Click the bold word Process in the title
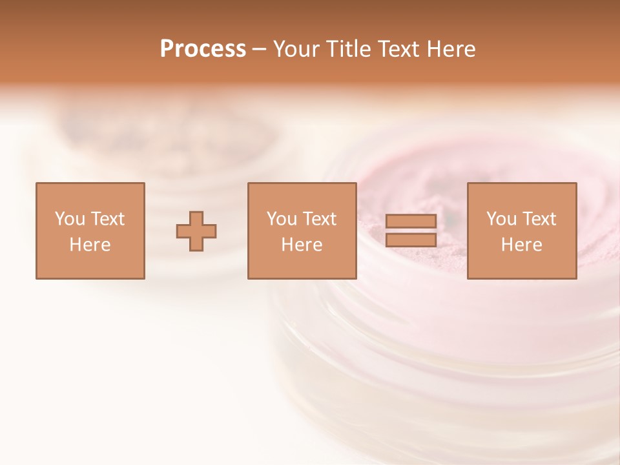(x=203, y=49)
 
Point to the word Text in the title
(x=403, y=49)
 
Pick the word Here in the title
(x=453, y=49)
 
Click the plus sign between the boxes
(x=196, y=231)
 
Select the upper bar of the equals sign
(x=411, y=222)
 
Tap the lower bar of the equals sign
(x=411, y=240)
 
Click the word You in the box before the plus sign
(x=70, y=219)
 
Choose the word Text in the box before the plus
(x=107, y=219)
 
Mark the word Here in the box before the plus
(x=90, y=245)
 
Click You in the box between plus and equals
(x=282, y=219)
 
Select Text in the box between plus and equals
(x=319, y=219)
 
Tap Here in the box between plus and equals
(x=302, y=245)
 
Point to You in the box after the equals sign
(x=501, y=219)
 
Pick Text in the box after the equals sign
(x=539, y=219)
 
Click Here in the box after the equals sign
(x=521, y=245)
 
